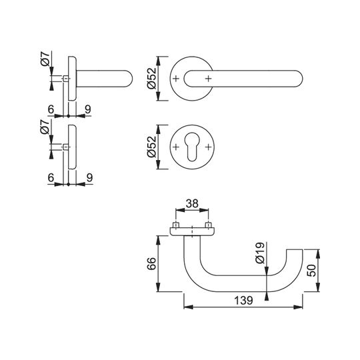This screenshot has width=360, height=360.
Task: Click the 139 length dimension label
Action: coord(243,300)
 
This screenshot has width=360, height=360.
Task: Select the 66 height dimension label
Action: coord(152,263)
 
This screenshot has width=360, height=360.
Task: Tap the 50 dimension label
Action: coord(311,270)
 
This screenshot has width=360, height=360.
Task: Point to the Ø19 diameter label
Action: coord(260,253)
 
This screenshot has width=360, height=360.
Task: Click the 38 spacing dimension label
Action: coord(192,203)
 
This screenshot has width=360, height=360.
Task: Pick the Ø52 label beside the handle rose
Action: coord(151,79)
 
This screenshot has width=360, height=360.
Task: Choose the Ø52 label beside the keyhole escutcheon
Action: coord(151,147)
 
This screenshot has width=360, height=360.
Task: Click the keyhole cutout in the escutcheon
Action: coord(192,147)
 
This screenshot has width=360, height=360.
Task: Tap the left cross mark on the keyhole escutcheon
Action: coord(176,147)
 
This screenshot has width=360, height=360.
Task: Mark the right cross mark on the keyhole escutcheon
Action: coord(208,147)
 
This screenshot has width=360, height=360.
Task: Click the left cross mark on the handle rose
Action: coord(176,79)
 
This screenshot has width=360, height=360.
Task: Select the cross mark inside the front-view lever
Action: coord(208,79)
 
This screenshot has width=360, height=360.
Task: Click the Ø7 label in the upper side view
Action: coord(45,59)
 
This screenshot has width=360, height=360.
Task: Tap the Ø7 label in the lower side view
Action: coord(45,127)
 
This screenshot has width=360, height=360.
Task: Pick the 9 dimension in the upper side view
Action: coord(88,109)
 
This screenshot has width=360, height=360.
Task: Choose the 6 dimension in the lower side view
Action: coord(51,177)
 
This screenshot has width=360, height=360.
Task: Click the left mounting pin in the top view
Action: coord(176,225)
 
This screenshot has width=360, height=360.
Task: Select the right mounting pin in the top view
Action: coord(208,225)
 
